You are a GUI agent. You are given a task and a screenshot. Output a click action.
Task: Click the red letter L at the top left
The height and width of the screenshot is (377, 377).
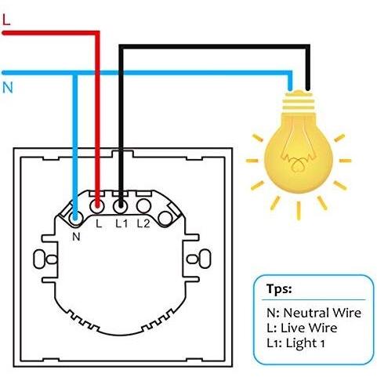[6, 20]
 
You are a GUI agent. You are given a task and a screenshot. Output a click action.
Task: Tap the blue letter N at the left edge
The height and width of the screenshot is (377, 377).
[8, 88]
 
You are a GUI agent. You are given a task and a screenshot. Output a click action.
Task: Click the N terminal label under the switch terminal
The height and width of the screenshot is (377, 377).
[76, 237]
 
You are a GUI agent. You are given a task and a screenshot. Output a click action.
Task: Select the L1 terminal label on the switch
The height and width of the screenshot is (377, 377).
[121, 223]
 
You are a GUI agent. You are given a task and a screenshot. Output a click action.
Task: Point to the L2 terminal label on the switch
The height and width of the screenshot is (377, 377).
[143, 223]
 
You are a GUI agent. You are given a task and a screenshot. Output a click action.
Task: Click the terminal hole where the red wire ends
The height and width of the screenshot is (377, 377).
[97, 206]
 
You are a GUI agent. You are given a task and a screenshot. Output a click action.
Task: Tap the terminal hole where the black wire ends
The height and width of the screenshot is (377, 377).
[121, 206]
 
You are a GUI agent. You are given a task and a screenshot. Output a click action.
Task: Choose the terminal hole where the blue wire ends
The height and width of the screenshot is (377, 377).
[75, 217]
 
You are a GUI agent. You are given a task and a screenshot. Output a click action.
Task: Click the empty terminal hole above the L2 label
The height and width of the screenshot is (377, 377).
[143, 206]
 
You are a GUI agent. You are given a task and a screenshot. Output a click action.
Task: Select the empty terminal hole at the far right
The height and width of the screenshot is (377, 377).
[165, 219]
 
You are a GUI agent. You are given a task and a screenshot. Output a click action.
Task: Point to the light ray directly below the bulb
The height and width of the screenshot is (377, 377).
[299, 211]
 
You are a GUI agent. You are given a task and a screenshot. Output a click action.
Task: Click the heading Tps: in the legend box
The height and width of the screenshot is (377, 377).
[279, 289]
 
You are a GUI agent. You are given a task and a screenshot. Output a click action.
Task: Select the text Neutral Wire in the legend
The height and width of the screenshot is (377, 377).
[322, 313]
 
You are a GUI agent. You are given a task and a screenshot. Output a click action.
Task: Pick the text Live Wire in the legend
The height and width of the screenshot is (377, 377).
[309, 328]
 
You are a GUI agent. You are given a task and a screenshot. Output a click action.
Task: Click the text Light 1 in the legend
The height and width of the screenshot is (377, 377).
[306, 343]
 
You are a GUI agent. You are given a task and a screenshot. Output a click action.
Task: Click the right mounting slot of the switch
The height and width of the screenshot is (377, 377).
[199, 259]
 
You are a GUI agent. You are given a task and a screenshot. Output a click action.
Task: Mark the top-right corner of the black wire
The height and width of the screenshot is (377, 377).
[308, 47]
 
